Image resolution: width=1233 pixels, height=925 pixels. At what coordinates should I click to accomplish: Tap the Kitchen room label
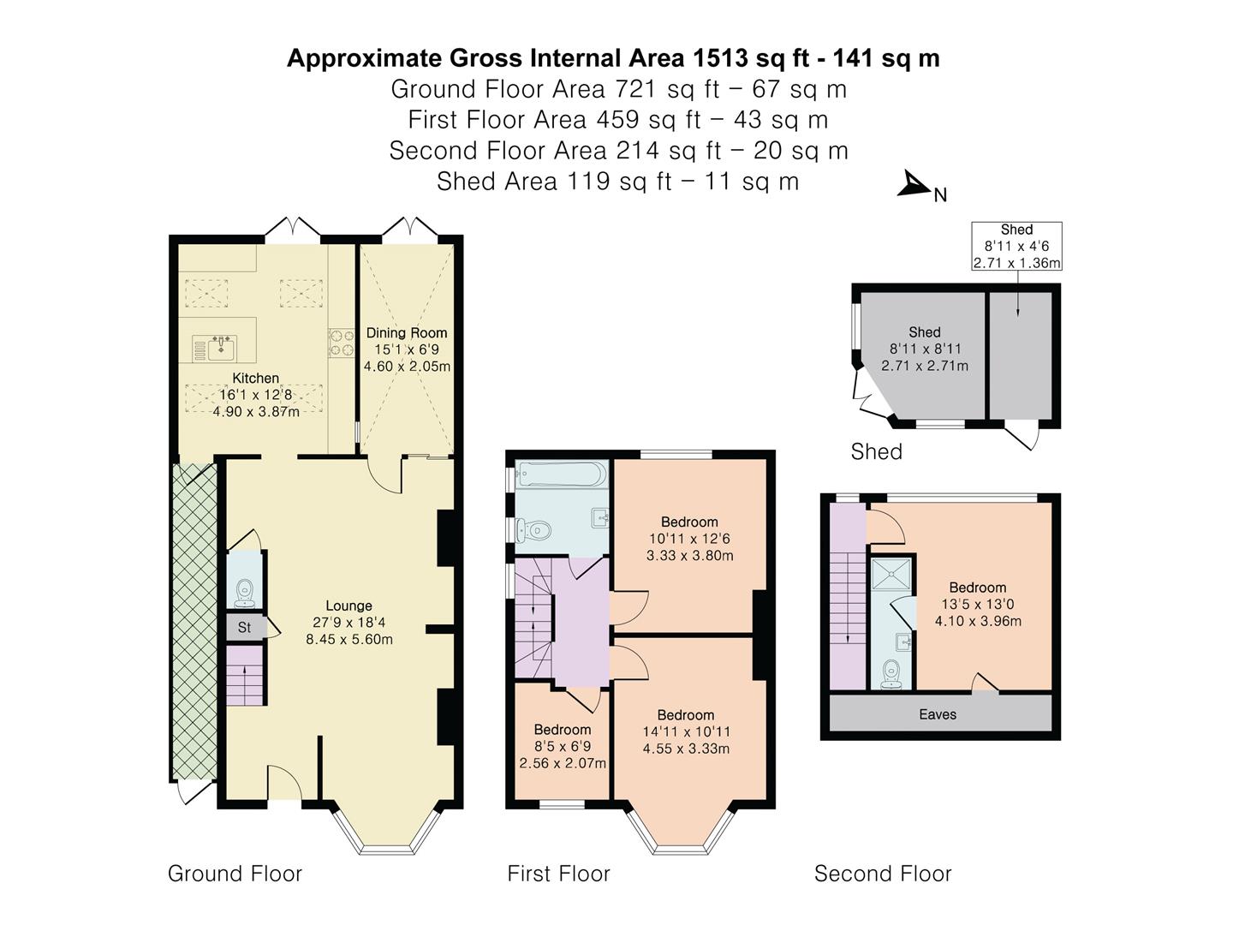255,378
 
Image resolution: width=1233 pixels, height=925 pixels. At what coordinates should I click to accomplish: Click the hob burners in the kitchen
342,343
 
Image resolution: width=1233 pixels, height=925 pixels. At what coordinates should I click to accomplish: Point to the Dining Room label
407,333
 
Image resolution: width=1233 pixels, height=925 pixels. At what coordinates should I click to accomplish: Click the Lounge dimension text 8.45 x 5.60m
349,639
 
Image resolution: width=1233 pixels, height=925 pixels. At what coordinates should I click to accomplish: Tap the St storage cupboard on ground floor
245,627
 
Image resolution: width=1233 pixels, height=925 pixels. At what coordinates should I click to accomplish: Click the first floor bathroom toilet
533,531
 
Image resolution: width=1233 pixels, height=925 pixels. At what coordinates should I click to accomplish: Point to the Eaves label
938,714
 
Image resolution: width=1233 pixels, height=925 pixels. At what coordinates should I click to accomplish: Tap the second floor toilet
890,673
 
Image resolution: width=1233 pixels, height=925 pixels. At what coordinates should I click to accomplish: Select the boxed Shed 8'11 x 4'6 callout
1016,247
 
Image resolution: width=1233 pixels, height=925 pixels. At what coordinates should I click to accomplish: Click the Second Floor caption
882,874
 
